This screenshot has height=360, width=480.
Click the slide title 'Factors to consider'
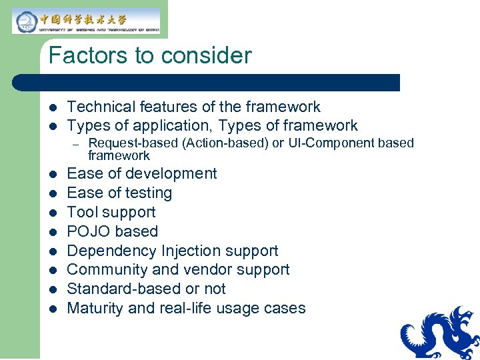point(150,55)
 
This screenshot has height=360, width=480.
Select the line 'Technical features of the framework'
point(193,107)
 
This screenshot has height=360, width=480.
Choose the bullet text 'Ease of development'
point(142,173)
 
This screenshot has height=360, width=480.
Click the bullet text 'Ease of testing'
point(119,193)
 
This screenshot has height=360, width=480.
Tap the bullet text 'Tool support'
point(111,212)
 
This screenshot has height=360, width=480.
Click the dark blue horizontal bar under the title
point(207,82)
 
